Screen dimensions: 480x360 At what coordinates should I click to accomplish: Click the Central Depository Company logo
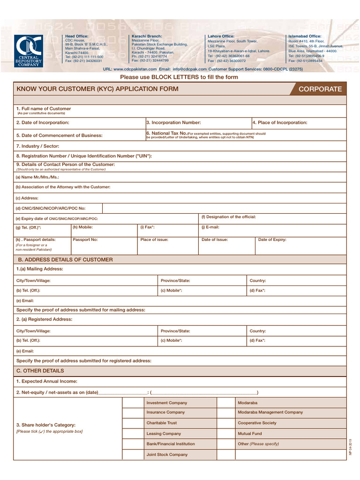coord(29,51)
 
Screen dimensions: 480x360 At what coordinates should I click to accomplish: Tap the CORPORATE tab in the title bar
coord(320,89)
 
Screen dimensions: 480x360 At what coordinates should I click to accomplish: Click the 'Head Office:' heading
coord(77,36)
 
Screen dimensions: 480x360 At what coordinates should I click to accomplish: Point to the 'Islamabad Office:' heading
coord(305,36)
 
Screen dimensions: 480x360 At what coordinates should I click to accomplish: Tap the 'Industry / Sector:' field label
coord(37,146)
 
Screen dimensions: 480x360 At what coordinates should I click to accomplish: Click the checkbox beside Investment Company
coord(133,403)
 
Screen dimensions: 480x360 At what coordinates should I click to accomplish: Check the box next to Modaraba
coord(225,403)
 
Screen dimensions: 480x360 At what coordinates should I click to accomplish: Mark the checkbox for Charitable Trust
coord(133,423)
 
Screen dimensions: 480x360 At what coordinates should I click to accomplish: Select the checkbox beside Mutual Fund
coord(225,434)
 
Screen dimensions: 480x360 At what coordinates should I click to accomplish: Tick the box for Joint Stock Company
coord(133,454)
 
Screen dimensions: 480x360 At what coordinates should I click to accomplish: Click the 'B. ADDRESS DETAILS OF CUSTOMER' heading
coord(65,260)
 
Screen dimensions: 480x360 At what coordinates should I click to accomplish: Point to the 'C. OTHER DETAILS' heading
coord(40,371)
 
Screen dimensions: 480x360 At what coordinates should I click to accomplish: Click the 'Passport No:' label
coord(85,240)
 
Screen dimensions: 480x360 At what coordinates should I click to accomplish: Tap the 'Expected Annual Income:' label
coord(47,382)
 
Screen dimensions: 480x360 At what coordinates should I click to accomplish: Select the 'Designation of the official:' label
coord(229,217)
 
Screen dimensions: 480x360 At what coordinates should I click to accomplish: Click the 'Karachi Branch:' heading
coord(147,36)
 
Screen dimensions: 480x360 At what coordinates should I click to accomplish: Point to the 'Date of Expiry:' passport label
coord(272,240)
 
